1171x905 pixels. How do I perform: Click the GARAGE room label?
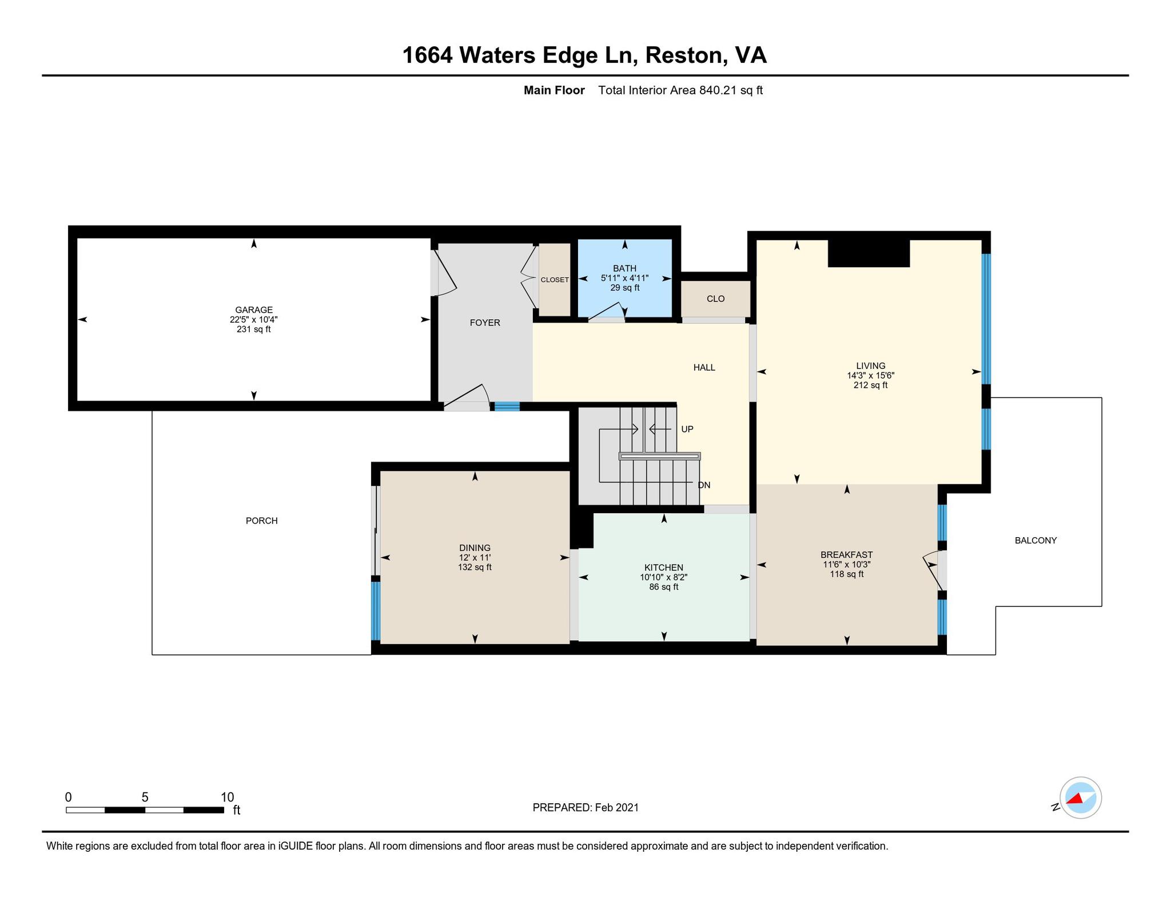[254, 310]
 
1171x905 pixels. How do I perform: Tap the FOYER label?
[485, 323]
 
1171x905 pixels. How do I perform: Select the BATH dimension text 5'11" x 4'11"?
[624, 278]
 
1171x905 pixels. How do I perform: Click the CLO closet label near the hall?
[715, 299]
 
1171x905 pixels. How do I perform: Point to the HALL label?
[704, 368]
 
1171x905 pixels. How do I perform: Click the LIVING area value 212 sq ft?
[870, 386]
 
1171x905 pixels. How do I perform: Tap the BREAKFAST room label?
[846, 555]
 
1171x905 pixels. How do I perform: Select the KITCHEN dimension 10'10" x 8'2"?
[663, 577]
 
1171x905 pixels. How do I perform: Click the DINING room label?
[475, 548]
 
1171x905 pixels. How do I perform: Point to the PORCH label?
[262, 521]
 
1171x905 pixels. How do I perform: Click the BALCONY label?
[1035, 540]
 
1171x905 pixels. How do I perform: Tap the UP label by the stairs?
[687, 429]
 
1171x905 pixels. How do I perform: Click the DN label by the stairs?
[704, 485]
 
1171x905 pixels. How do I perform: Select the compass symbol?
[1080, 797]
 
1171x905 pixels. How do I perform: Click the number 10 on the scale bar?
[227, 797]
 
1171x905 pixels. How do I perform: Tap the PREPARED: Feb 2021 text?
[585, 807]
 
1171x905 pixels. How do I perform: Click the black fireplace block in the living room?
[869, 253]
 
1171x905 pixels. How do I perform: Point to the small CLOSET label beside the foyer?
[555, 280]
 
